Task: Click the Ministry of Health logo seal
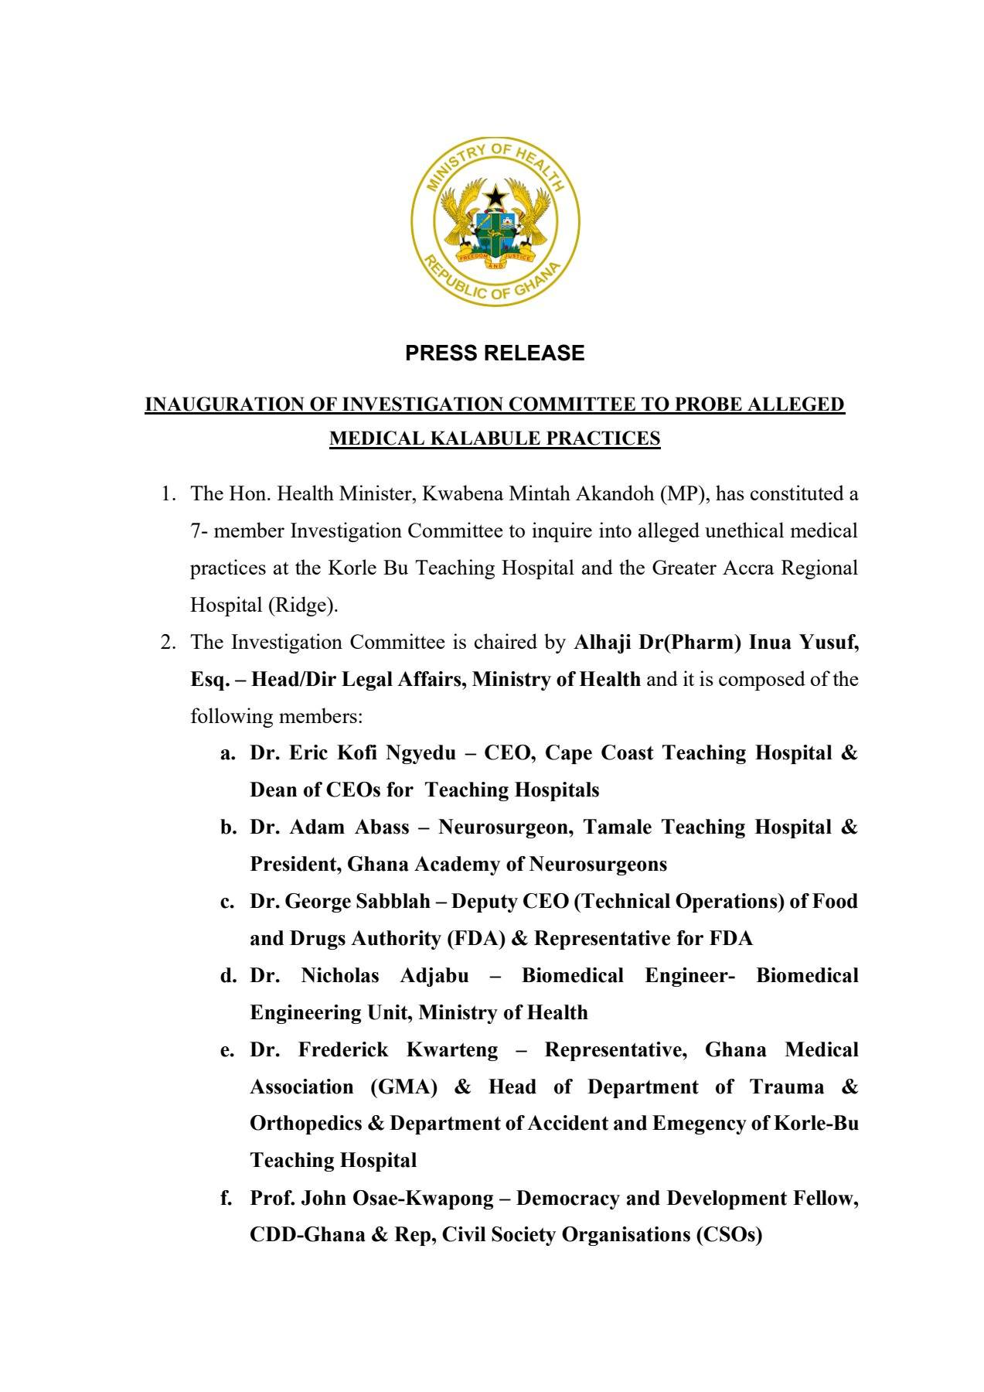pyautogui.click(x=495, y=223)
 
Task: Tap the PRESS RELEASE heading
pyautogui.click(x=495, y=353)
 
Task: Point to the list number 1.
pyautogui.click(x=166, y=493)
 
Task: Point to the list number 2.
pyautogui.click(x=166, y=642)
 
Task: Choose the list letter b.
pyautogui.click(x=228, y=827)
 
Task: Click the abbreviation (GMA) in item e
pyautogui.click(x=403, y=1087)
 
